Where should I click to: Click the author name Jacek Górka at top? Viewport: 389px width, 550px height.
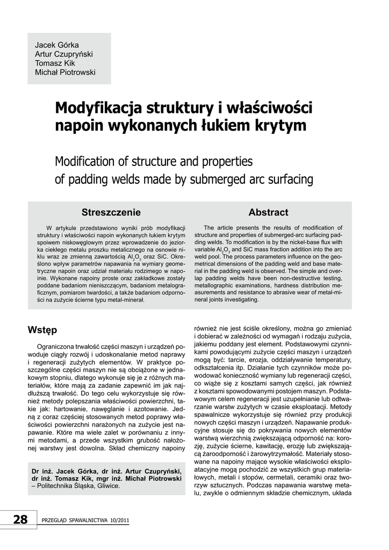pos(57,45)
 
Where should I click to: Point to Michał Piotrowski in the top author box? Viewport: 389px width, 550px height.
pos(65,73)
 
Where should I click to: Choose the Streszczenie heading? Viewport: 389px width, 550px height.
pos(111,212)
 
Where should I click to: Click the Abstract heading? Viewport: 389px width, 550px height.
pos(269,212)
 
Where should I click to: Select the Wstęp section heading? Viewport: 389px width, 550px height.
pos(42,329)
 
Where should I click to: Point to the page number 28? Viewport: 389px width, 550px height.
pos(20,519)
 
